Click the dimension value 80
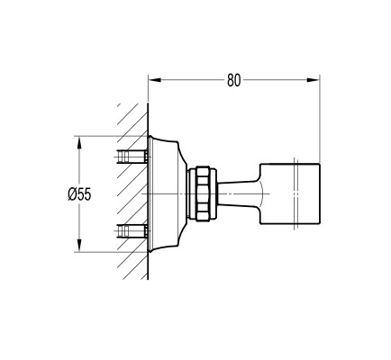(234, 80)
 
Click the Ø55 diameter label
(79, 194)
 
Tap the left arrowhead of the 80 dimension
(155, 80)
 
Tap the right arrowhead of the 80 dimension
(313, 80)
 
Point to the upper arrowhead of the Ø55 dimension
(79, 143)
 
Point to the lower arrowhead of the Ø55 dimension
(79, 246)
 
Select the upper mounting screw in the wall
(132, 157)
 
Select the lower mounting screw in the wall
(132, 232)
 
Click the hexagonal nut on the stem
(204, 194)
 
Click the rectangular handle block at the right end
(290, 194)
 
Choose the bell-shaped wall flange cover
(167, 194)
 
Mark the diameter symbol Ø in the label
(72, 194)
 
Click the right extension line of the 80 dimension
(320, 119)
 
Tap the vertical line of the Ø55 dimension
(79, 194)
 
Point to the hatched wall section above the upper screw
(133, 126)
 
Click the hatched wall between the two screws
(132, 194)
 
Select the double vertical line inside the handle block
(296, 194)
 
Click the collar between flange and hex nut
(191, 194)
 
